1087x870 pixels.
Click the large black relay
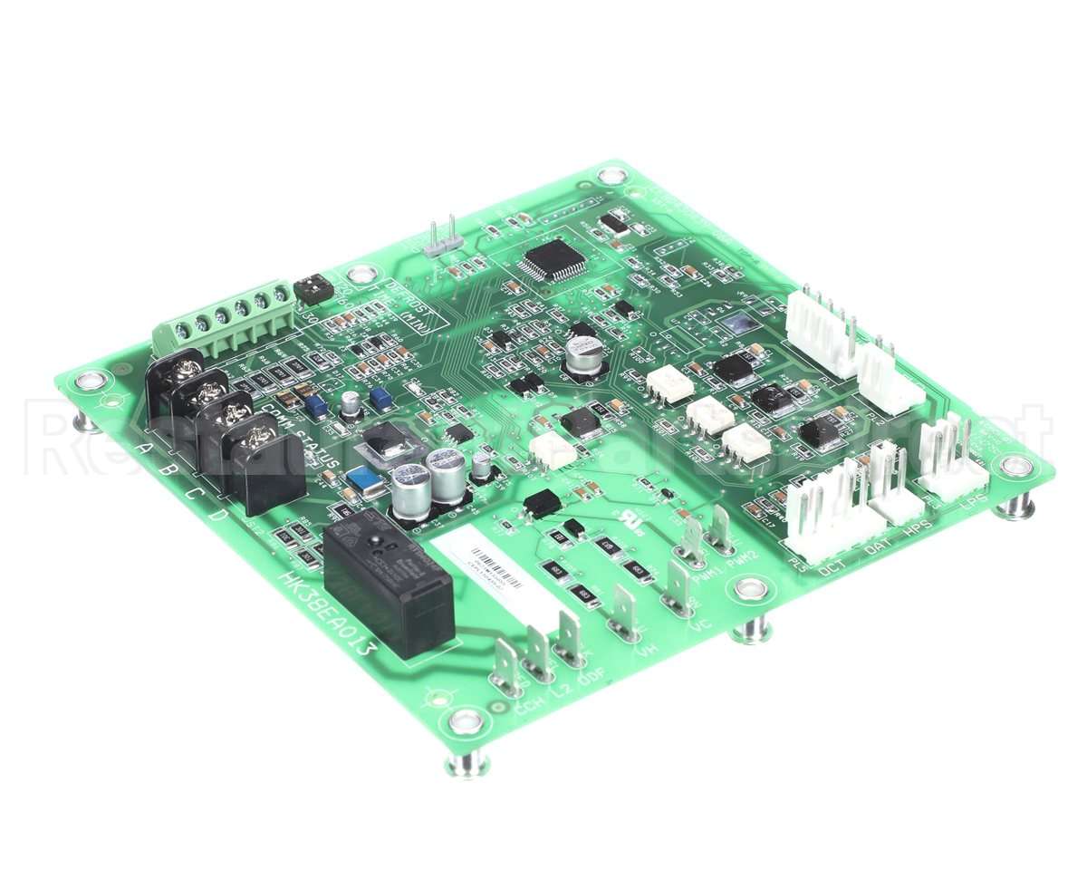pos(388,585)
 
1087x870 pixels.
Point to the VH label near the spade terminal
pos(646,648)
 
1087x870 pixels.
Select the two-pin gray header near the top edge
pos(441,239)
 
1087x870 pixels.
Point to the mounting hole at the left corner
pos(88,379)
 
